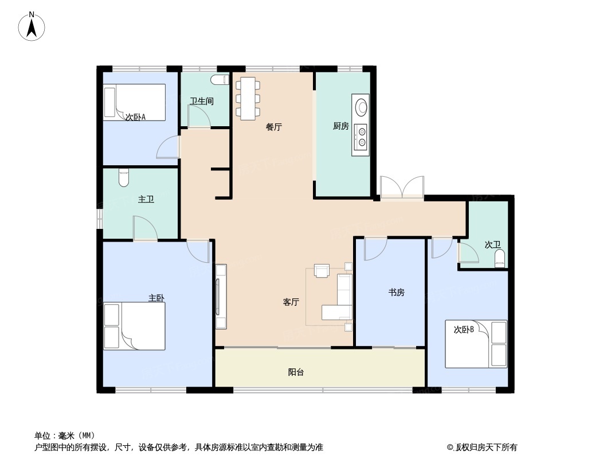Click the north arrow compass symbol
click(x=32, y=26)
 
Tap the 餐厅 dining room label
click(x=274, y=127)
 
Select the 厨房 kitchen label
click(x=341, y=126)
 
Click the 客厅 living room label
click(x=291, y=302)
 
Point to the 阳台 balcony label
click(x=296, y=372)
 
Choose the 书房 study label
click(x=397, y=292)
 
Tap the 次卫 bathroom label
click(x=492, y=244)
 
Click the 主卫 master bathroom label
click(x=146, y=200)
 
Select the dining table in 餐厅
click(x=248, y=98)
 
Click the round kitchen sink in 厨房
click(x=361, y=107)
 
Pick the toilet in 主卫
click(x=124, y=178)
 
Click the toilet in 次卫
click(x=500, y=258)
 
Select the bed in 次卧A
click(x=135, y=102)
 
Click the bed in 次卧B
click(x=476, y=344)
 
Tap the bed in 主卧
click(x=135, y=325)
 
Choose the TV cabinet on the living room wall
click(x=221, y=296)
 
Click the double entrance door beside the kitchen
click(x=402, y=188)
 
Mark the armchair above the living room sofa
click(x=322, y=270)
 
